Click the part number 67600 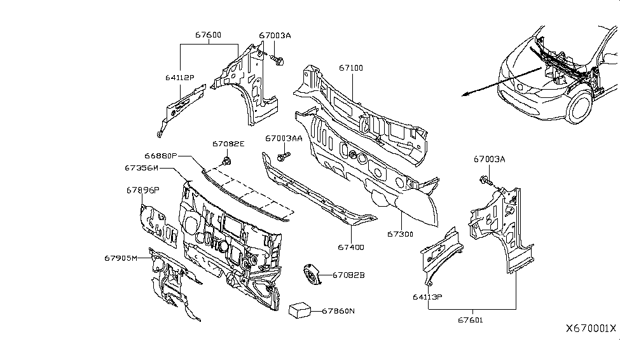point(208,36)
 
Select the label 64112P point(179,78)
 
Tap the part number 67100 point(351,67)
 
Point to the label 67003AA point(284,138)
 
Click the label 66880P point(160,156)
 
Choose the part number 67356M point(141,168)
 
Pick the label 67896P point(142,190)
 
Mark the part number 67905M point(121,258)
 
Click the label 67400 point(351,247)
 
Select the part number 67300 point(401,234)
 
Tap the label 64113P point(428,296)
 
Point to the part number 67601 point(470,320)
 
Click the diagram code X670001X point(591,328)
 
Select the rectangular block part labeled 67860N point(300,310)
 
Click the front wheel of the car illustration point(580,107)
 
